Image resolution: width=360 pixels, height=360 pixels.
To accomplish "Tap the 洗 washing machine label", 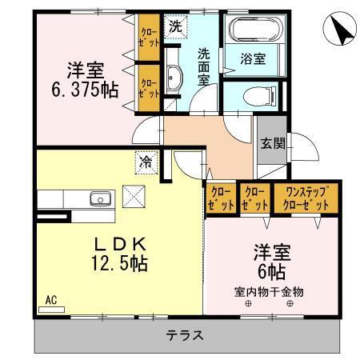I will pyautogui.click(x=174, y=26).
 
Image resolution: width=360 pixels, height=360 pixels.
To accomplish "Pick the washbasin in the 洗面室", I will pyautogui.click(x=174, y=78).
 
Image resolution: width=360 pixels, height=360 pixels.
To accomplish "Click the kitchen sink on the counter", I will pyautogui.click(x=99, y=199).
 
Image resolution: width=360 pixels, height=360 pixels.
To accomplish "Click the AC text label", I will pyautogui.click(x=50, y=300).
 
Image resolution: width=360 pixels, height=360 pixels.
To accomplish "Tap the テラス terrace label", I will pyautogui.click(x=185, y=335).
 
